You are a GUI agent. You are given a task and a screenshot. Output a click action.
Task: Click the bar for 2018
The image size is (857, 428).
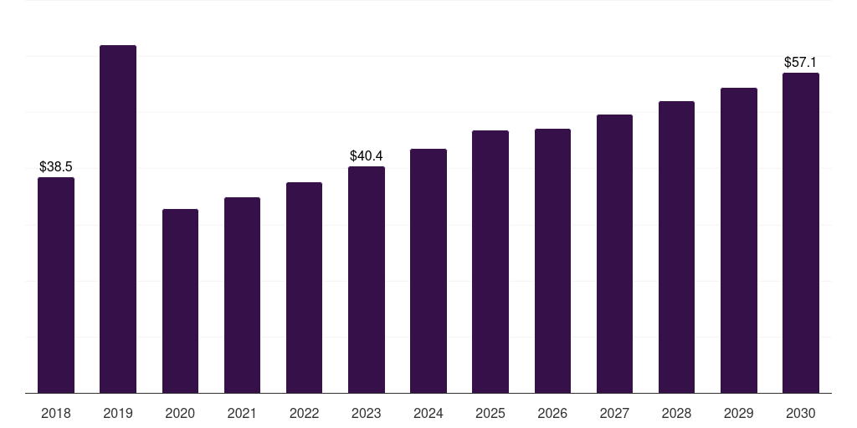click(x=56, y=285)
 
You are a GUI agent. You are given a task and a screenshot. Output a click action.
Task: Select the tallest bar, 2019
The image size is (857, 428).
click(x=118, y=219)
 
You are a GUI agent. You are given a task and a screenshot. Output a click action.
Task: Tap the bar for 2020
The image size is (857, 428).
click(x=181, y=301)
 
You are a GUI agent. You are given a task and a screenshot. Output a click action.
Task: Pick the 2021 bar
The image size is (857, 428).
click(x=242, y=295)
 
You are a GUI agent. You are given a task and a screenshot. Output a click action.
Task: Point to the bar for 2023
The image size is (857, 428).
click(x=367, y=279)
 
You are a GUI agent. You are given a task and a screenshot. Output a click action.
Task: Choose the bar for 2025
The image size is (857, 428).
click(x=490, y=262)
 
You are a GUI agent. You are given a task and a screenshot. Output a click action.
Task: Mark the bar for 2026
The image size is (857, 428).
click(x=552, y=261)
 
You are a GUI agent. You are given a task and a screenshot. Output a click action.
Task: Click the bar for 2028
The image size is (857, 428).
click(x=676, y=247)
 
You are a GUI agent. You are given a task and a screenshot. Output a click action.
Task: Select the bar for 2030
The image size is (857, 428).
click(x=801, y=232)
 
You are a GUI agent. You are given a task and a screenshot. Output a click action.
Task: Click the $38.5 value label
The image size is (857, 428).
click(x=56, y=167)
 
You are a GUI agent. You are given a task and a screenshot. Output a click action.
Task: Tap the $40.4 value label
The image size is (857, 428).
click(x=367, y=156)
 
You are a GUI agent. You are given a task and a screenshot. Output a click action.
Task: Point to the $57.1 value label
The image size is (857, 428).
click(x=800, y=62)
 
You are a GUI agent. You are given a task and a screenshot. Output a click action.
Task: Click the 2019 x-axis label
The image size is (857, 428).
click(x=118, y=413)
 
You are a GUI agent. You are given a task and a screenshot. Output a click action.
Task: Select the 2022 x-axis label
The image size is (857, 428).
click(x=304, y=413)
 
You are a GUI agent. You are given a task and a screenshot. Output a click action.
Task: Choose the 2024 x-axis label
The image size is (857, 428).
click(x=428, y=413)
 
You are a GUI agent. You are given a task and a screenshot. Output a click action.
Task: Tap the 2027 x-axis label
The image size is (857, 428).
click(x=614, y=413)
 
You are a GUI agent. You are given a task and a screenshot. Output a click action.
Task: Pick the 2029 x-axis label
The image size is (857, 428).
click(x=738, y=413)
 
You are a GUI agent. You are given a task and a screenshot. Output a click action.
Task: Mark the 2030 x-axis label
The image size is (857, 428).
click(x=801, y=413)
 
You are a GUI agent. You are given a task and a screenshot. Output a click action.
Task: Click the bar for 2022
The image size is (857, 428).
click(x=304, y=288)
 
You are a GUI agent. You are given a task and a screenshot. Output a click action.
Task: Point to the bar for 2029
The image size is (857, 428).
click(x=739, y=240)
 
